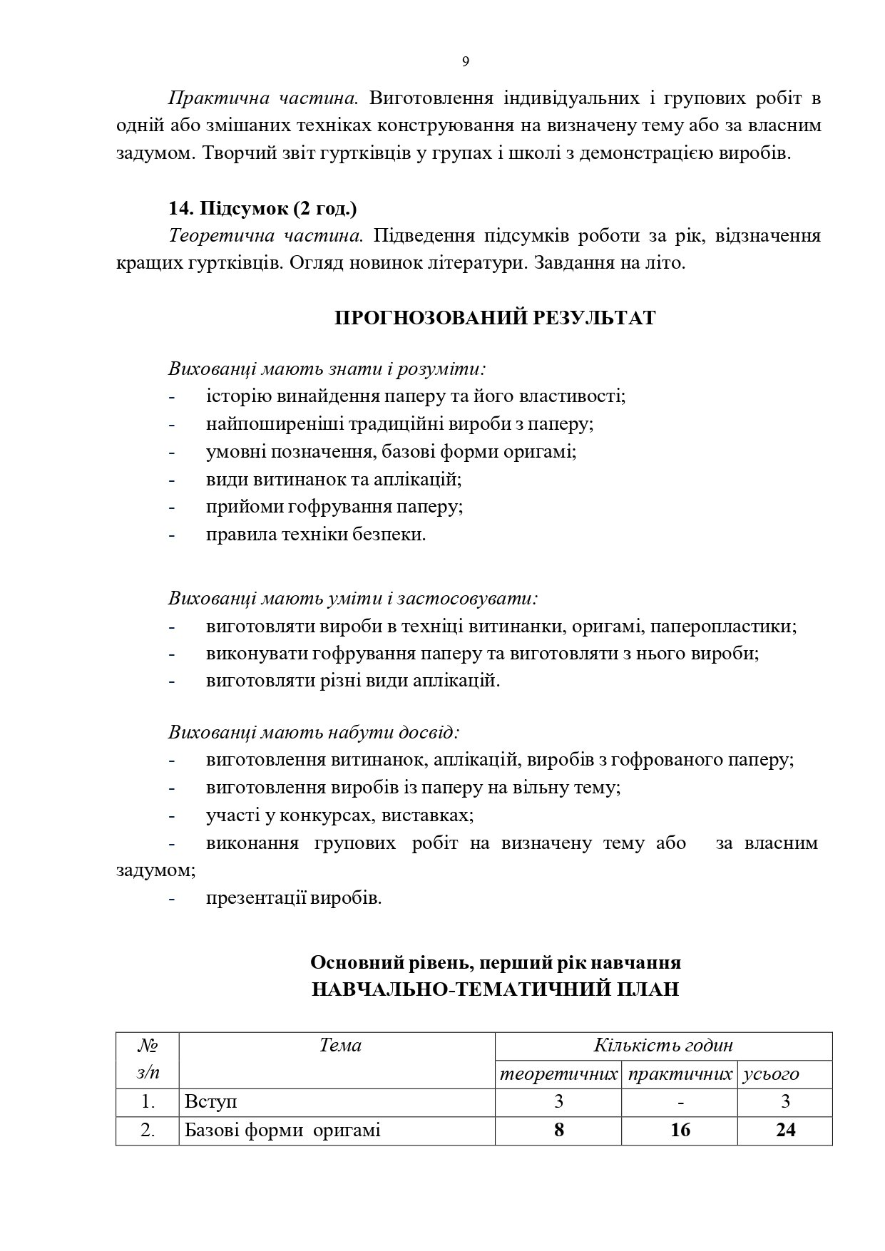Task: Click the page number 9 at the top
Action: point(465,62)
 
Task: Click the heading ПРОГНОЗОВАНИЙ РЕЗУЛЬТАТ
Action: point(495,318)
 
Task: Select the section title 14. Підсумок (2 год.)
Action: point(263,209)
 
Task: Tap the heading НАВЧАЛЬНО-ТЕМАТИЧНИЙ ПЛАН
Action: point(495,990)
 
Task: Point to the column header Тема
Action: point(340,1046)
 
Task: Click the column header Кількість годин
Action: point(663,1046)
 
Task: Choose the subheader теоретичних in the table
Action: point(558,1074)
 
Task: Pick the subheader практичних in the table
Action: point(680,1074)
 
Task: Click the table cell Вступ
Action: point(211,1101)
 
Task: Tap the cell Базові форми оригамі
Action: point(282,1130)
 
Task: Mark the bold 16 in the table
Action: point(680,1130)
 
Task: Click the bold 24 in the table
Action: point(785,1130)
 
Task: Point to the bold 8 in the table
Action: point(558,1130)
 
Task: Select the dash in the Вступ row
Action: point(681,1102)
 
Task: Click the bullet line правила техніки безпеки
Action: point(316,535)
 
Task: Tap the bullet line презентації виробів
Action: point(294,897)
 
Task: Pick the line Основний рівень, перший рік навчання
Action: point(495,962)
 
